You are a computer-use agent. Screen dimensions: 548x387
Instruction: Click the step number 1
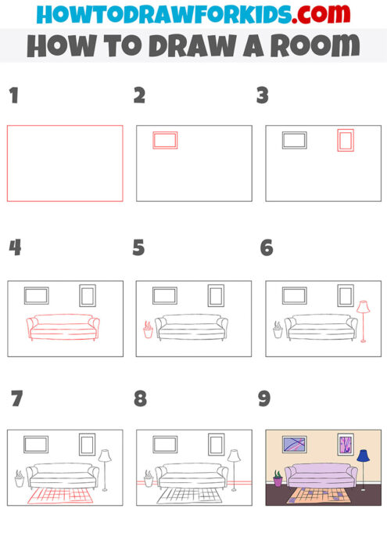click(13, 97)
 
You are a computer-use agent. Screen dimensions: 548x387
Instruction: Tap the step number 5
click(139, 248)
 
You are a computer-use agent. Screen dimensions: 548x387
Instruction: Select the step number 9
click(264, 399)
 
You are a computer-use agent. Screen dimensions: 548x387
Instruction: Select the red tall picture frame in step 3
click(346, 141)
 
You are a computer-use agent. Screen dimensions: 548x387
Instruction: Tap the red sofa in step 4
click(63, 326)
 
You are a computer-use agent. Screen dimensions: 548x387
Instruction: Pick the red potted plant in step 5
click(148, 330)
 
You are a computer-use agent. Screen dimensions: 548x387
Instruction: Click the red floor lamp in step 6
click(363, 321)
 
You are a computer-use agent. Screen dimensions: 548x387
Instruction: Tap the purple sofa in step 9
click(319, 475)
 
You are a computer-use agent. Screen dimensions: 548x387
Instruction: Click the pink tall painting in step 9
click(345, 445)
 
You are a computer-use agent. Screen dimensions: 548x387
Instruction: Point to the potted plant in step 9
click(277, 478)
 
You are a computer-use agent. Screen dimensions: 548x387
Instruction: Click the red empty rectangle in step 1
click(65, 163)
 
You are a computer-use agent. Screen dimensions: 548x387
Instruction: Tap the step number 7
click(16, 399)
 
